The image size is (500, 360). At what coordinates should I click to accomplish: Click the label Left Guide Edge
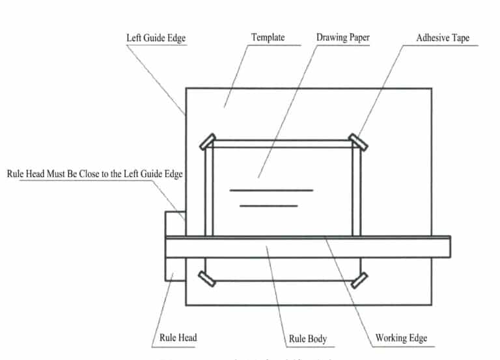pyautogui.click(x=156, y=38)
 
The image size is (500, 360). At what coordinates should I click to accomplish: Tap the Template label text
pyautogui.click(x=268, y=37)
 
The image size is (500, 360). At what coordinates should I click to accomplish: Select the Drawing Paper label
pyautogui.click(x=343, y=37)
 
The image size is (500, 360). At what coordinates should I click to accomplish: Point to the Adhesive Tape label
pyautogui.click(x=443, y=38)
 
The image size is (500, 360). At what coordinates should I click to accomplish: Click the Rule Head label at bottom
pyautogui.click(x=178, y=338)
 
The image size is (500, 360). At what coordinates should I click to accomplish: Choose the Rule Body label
pyautogui.click(x=307, y=339)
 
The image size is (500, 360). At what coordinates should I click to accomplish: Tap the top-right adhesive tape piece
pyautogui.click(x=357, y=141)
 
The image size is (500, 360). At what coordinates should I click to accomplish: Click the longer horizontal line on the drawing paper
pyautogui.click(x=271, y=190)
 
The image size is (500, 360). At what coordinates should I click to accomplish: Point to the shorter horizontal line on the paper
pyautogui.click(x=269, y=206)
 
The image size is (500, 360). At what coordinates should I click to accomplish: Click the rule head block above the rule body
pyautogui.click(x=175, y=223)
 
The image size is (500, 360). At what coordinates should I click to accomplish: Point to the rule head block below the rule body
pyautogui.click(x=175, y=269)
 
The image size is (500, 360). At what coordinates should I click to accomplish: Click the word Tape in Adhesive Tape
pyautogui.click(x=458, y=38)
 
